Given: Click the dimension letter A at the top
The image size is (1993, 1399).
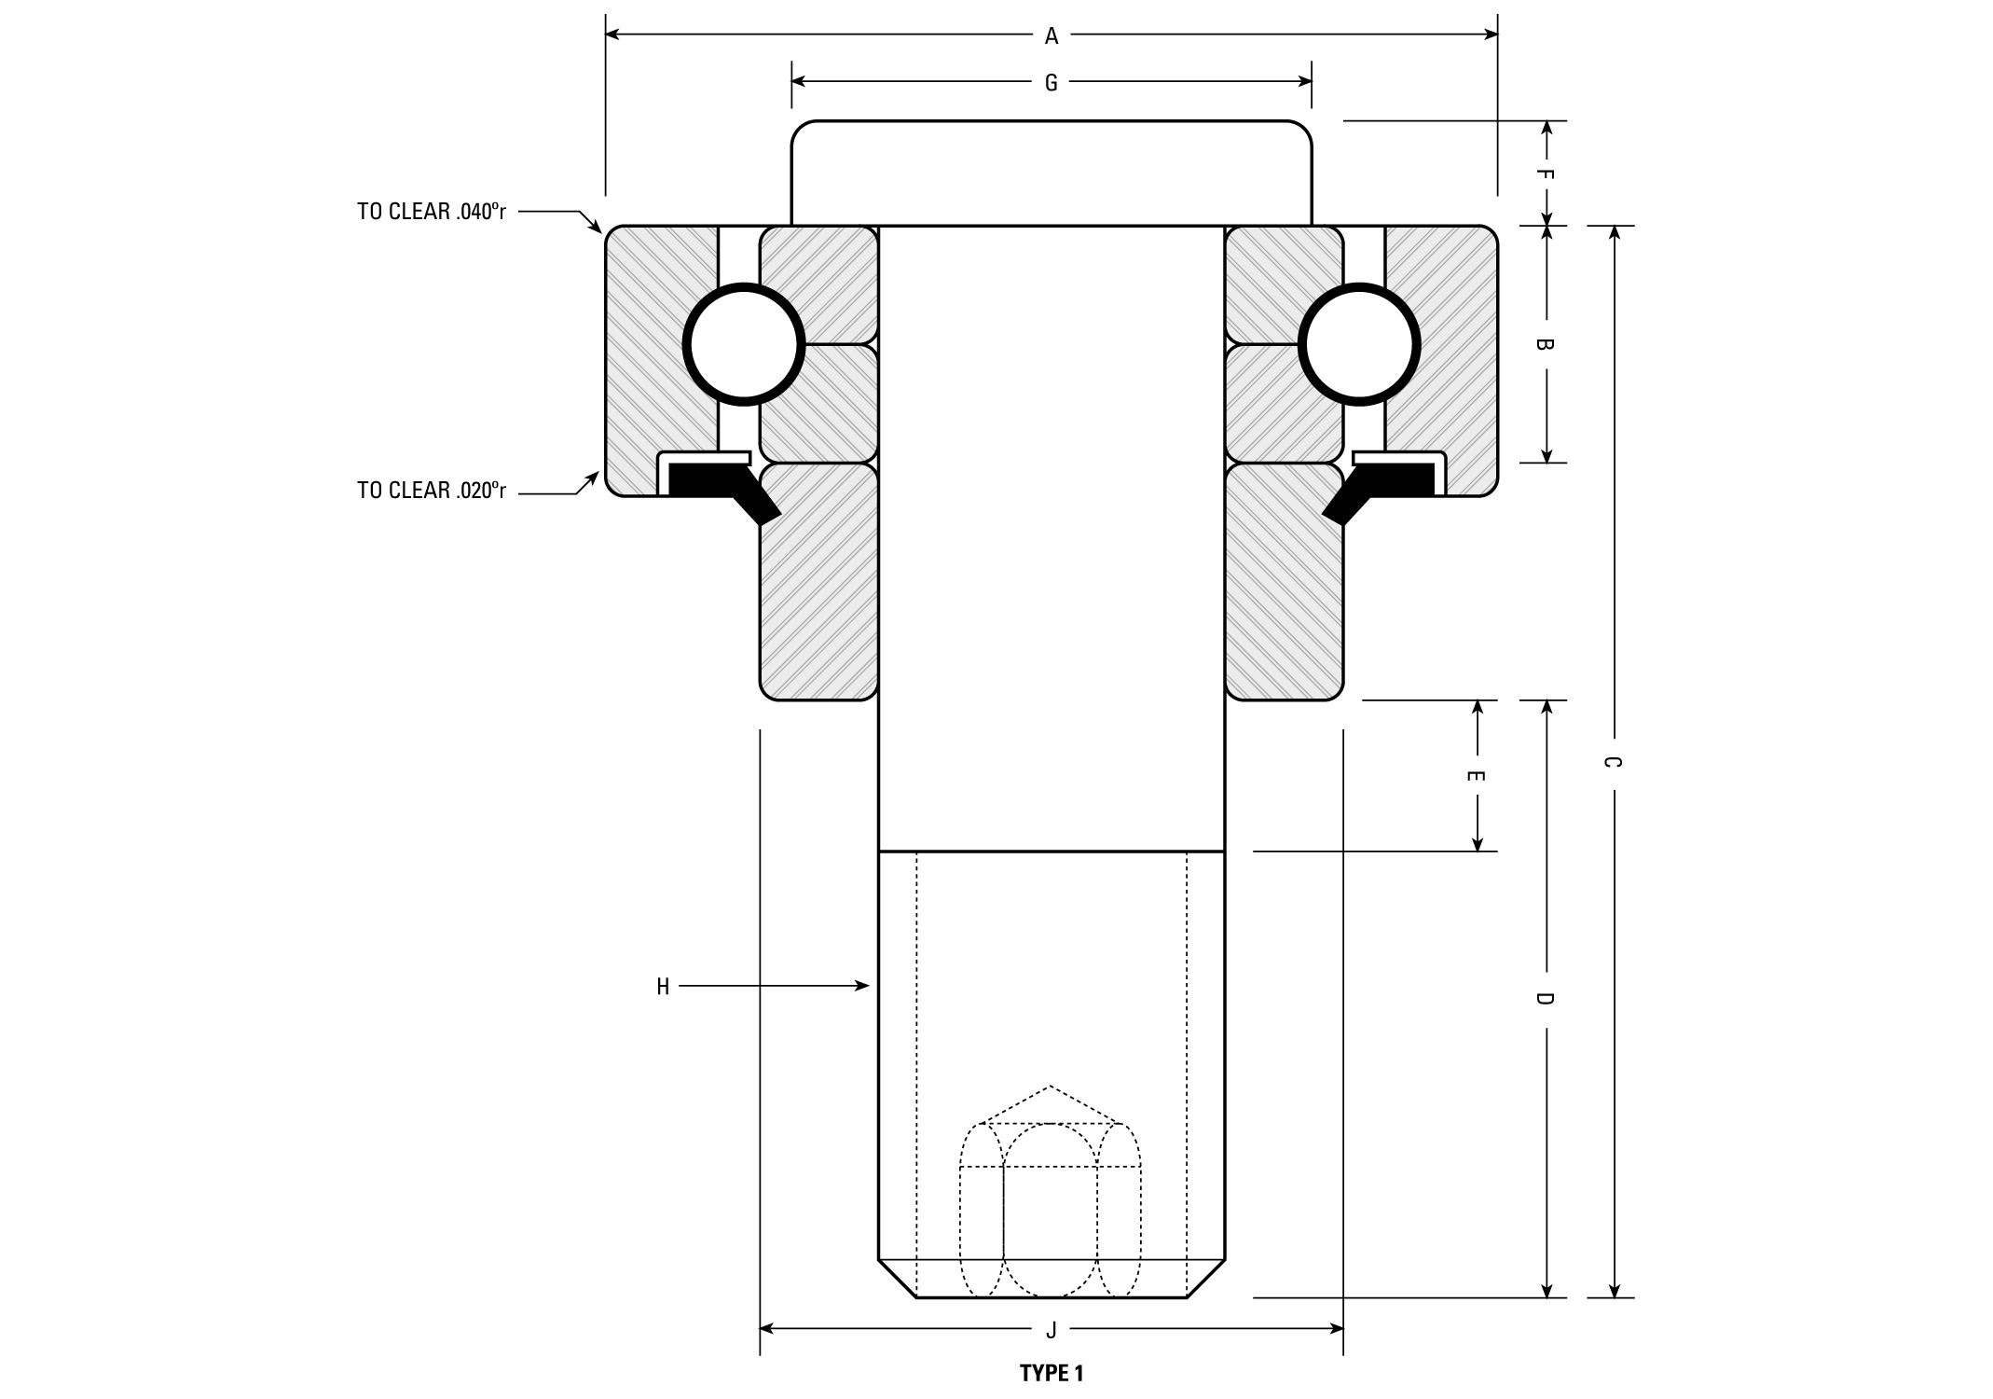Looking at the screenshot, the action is pos(1051,36).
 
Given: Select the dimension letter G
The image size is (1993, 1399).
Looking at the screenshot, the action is pos(1051,83).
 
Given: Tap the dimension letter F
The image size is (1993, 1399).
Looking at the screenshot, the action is pos(1545,174).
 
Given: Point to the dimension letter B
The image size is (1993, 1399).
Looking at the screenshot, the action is pos(1545,344).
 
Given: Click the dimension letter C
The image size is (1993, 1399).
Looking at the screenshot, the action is pos(1613,762).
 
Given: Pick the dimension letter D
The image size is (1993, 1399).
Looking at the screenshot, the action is pos(1545,999).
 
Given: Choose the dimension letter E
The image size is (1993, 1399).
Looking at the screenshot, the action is pos(1477,776).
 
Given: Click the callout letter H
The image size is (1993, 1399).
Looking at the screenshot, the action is pos(663,987).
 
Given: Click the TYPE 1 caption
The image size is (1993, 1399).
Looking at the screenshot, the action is pos(1051,1373).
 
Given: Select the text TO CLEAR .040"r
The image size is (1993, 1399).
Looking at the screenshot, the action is pos(432,212).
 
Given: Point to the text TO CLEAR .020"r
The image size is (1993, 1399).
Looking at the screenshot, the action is pos(432,491).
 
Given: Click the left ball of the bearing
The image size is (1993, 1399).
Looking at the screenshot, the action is pos(744,344).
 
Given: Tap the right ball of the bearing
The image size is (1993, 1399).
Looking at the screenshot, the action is pos(1359,344).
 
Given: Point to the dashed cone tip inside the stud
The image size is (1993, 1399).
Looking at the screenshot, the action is pos(1051,1087).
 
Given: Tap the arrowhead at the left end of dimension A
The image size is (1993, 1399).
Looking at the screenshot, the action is pos(613,35).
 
